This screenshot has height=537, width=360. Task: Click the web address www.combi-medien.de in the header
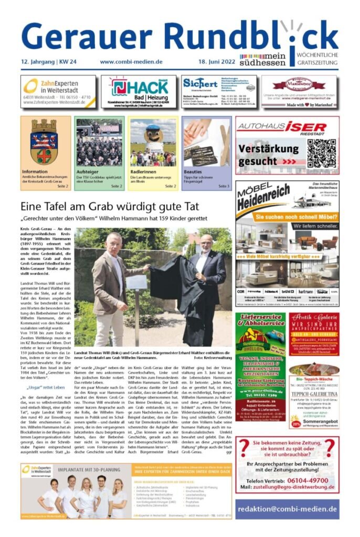tap(131, 62)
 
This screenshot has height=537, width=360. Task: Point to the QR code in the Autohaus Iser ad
tap(321, 154)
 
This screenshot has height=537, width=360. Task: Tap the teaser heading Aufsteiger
tap(88, 171)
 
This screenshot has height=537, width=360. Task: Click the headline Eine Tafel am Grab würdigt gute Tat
tap(112, 206)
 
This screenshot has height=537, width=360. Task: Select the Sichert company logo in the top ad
tap(199, 83)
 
